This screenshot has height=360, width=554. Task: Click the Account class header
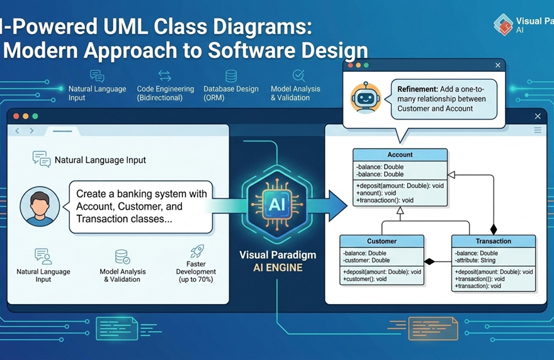point(400,155)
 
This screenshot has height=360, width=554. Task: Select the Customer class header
point(382,241)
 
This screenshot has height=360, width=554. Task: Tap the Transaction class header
point(493,241)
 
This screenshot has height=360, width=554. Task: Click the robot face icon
point(366,98)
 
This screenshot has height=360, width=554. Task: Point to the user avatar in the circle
point(40,206)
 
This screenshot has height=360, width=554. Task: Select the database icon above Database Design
point(231,76)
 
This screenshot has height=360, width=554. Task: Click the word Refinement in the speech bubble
point(417,90)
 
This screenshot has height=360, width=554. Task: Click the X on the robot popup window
point(498,65)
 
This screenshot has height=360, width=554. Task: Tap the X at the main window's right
point(538,116)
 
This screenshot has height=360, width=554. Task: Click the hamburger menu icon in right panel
point(538,130)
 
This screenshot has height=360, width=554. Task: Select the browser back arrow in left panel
point(18,131)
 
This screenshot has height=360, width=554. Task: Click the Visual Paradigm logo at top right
point(503,25)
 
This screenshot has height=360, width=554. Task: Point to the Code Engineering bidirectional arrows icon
point(165,76)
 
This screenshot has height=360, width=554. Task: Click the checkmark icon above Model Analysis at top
point(298,76)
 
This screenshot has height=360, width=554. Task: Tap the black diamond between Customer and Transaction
point(429,261)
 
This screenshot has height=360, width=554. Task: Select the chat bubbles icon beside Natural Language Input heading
point(42,159)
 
